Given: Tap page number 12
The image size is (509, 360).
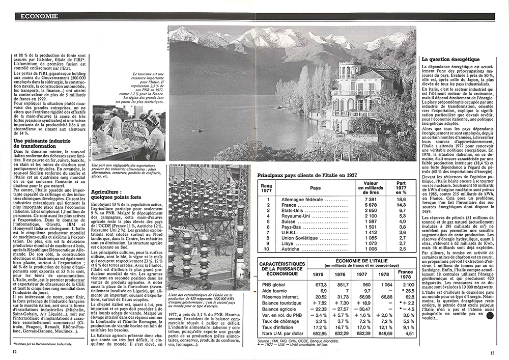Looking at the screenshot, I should coord(15,350).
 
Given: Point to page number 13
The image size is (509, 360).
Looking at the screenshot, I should coord(492,352).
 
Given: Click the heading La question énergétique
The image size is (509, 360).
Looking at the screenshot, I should coord(451,60).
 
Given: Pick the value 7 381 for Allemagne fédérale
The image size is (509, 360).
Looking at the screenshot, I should coord(372,199).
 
